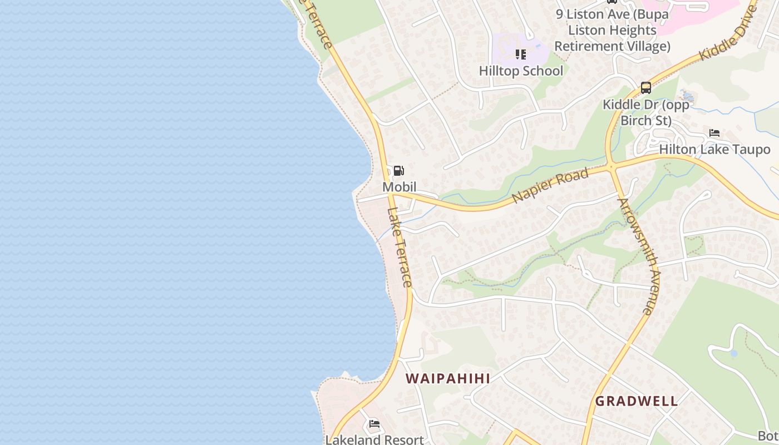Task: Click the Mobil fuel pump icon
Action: click(398, 171)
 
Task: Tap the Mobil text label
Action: click(399, 186)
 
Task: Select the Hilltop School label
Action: click(521, 71)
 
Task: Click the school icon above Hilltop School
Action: click(521, 54)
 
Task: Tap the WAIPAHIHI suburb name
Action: click(447, 379)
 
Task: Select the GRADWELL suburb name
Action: click(637, 401)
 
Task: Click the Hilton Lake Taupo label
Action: click(714, 149)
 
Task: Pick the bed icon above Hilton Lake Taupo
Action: click(714, 133)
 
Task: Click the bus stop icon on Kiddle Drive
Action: click(645, 88)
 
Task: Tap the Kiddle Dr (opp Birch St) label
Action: click(646, 112)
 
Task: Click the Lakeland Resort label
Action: click(374, 439)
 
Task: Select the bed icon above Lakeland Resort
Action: click(374, 424)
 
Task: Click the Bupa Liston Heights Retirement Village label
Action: click(612, 30)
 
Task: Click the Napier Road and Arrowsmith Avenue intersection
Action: click(612, 166)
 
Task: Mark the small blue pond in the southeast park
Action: click(734, 353)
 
